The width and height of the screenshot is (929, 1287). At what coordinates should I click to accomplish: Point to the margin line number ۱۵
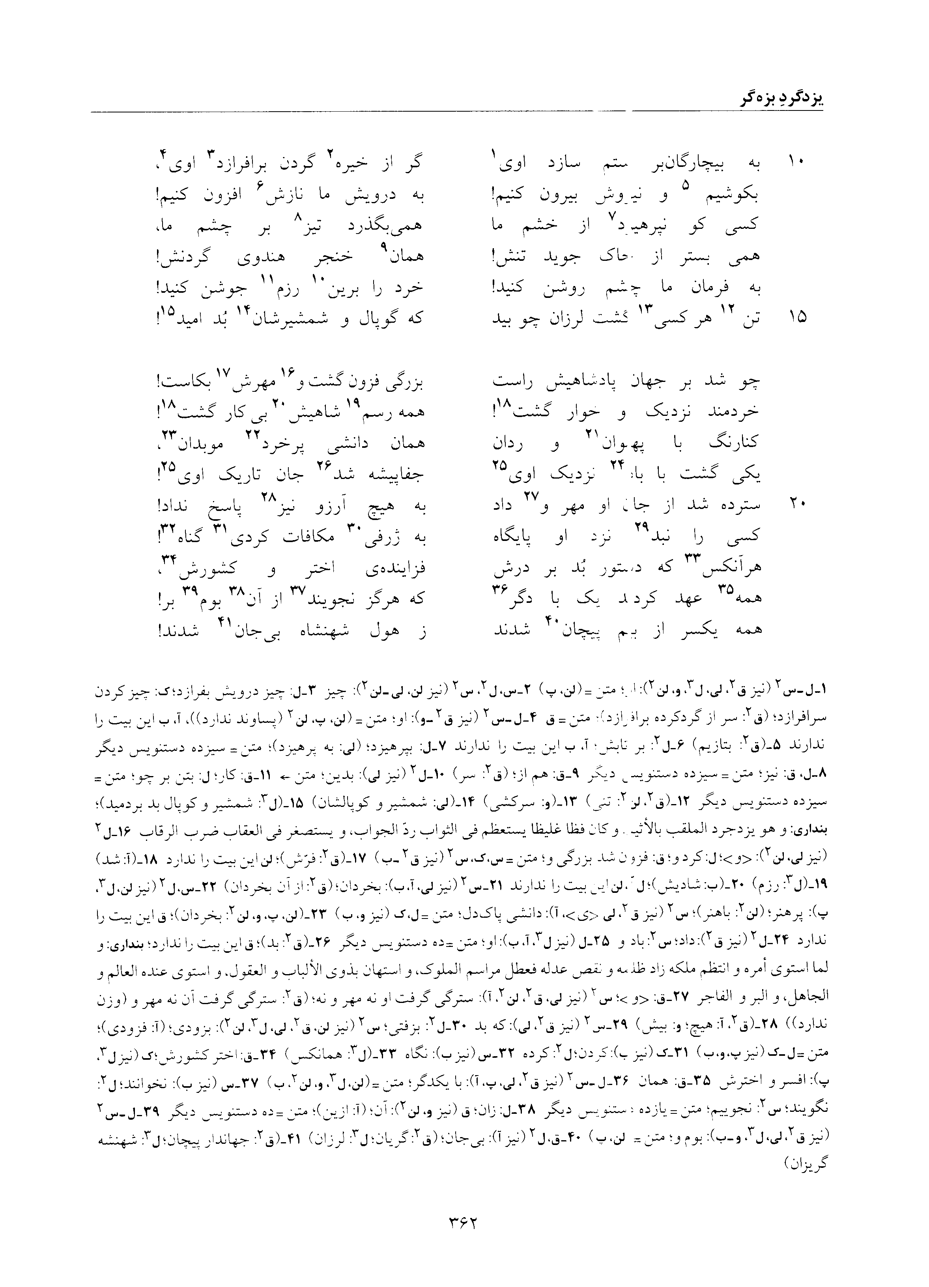[x=796, y=317]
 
